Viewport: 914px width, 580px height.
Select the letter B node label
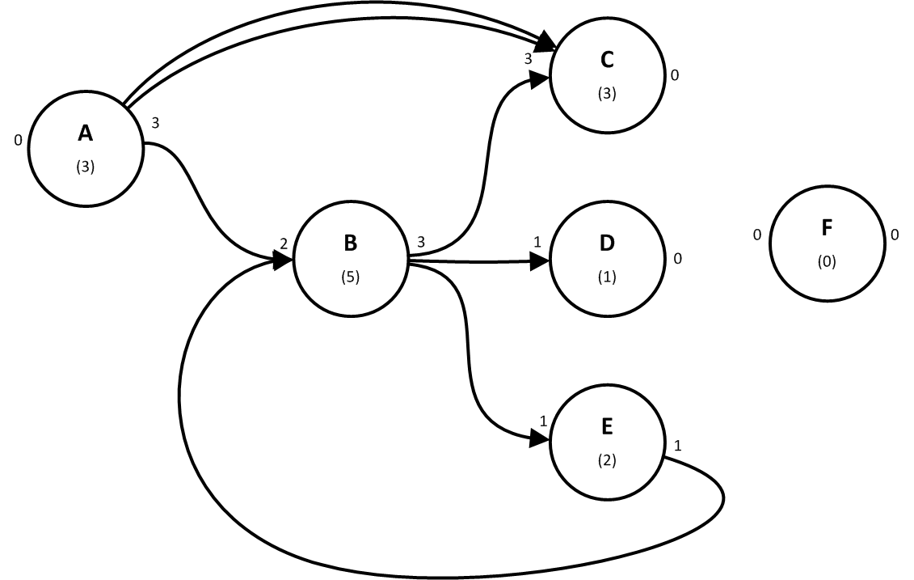point(350,242)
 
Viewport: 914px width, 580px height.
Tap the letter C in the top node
point(607,59)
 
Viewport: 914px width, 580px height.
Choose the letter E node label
point(607,425)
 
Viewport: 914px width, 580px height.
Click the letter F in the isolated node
point(827,227)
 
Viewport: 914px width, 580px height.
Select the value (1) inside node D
point(607,276)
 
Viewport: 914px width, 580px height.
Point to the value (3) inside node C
point(607,93)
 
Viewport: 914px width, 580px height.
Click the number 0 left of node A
point(17,141)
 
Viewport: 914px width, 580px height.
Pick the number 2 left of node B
point(284,243)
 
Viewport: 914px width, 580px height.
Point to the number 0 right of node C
point(675,76)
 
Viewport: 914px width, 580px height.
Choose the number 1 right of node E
point(676,446)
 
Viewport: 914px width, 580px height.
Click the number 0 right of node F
point(895,235)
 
